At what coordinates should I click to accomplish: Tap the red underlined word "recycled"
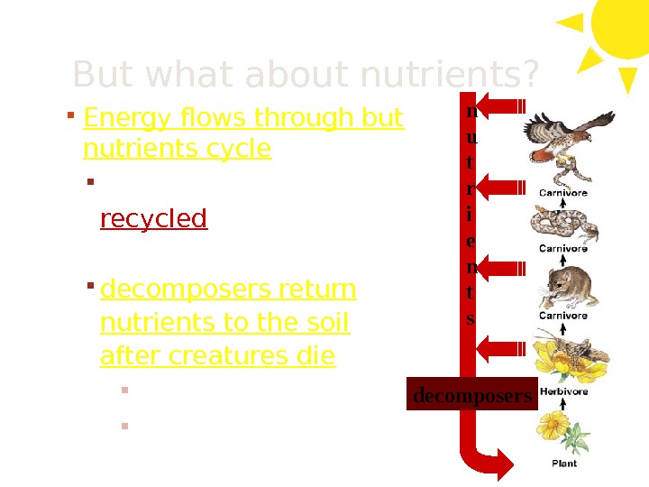pos(153,219)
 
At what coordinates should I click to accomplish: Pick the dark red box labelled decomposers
pos(471,396)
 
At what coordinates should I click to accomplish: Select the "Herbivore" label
pos(563,391)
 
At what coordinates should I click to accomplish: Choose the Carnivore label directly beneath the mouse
pos(563,316)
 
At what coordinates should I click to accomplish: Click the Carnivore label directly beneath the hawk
pos(563,192)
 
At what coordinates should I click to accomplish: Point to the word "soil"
pos(326,323)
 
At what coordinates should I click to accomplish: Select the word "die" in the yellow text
pos(315,357)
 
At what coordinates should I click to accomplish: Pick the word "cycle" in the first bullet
pos(241,148)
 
